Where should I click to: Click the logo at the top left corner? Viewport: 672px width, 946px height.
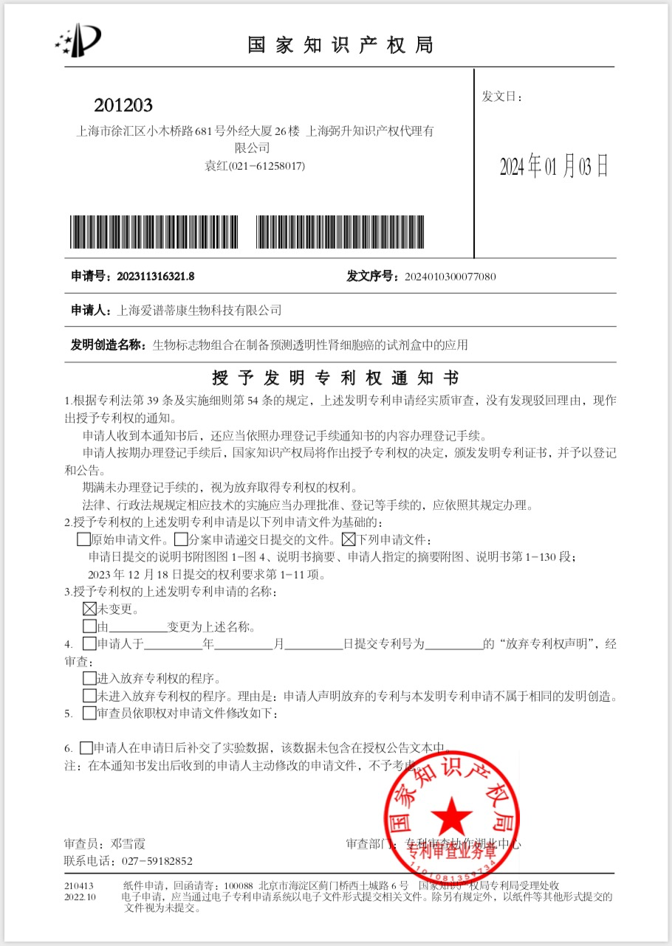[78, 40]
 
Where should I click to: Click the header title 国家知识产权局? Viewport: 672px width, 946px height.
[340, 45]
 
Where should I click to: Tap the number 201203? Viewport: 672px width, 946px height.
[123, 106]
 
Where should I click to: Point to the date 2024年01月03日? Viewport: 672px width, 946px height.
[554, 167]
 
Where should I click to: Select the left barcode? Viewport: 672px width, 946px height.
[155, 232]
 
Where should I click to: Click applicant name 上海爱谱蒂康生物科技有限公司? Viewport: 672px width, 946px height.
[199, 311]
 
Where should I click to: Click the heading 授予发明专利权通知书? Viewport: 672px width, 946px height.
[335, 379]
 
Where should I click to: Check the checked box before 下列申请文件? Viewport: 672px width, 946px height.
[349, 539]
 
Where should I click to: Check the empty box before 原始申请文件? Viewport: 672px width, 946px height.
[83, 539]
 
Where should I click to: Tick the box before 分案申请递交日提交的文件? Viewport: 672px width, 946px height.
[181, 539]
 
